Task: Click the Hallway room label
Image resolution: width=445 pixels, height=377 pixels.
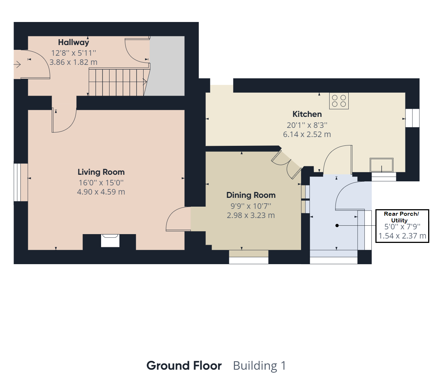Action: (73, 42)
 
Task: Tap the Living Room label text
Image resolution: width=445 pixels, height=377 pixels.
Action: (101, 172)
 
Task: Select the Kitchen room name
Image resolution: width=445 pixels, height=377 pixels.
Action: (307, 114)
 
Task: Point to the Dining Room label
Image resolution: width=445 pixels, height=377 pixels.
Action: (251, 195)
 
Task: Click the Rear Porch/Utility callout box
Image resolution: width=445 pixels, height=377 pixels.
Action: (402, 226)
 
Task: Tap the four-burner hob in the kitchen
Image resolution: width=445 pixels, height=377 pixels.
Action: (339, 101)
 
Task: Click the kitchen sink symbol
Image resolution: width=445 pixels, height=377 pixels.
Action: (382, 165)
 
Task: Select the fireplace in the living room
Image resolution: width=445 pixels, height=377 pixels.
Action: (110, 241)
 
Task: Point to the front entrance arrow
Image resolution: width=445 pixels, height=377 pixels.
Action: (17, 64)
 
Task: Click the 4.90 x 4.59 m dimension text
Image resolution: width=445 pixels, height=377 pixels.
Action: (101, 192)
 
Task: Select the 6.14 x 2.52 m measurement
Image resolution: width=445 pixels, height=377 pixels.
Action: (307, 134)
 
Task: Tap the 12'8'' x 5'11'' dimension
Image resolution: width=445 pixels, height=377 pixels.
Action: (73, 53)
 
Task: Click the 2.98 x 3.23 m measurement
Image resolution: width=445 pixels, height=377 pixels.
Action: (251, 215)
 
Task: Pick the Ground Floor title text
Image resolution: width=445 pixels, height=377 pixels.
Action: (184, 366)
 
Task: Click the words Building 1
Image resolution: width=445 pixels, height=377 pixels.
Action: (259, 366)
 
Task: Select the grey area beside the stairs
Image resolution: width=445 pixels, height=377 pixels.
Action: (166, 66)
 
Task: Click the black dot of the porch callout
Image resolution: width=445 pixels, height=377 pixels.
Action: (337, 225)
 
